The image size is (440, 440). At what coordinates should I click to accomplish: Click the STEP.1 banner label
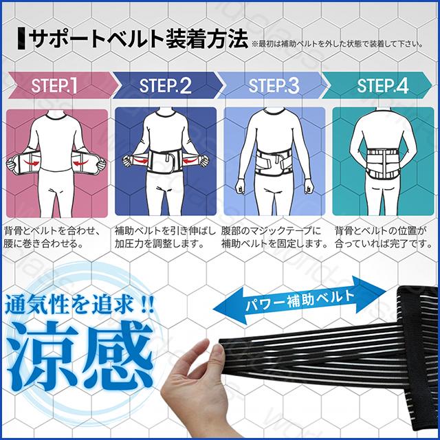pyautogui.click(x=54, y=87)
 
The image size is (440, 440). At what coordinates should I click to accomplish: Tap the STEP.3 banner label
pyautogui.click(x=274, y=87)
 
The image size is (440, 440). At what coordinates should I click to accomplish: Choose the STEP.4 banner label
pyautogui.click(x=382, y=87)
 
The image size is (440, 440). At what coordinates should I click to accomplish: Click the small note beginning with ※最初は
pyautogui.click(x=337, y=45)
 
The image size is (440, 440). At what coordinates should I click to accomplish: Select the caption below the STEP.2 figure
pyautogui.click(x=164, y=236)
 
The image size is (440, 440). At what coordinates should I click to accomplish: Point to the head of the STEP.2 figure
pyautogui.click(x=165, y=114)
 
